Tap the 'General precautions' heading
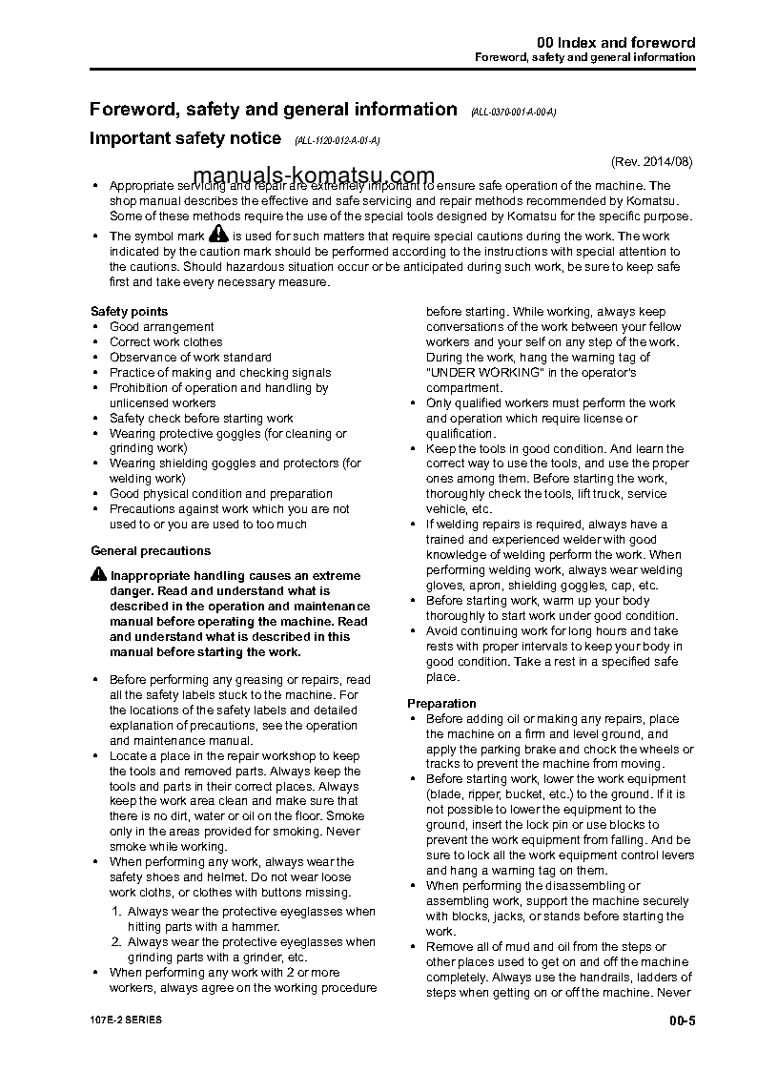[151, 550]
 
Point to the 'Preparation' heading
[441, 703]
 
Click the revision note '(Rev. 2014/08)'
[652, 161]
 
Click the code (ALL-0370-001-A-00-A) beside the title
[513, 113]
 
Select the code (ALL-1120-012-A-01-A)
[338, 140]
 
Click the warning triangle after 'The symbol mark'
[218, 234]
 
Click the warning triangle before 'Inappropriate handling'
[99, 574]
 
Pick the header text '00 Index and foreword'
[616, 43]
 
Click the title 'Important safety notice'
[185, 138]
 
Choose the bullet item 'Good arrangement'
[161, 326]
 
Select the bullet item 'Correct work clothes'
[166, 341]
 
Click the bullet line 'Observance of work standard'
[190, 357]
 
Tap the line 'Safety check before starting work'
[201, 418]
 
